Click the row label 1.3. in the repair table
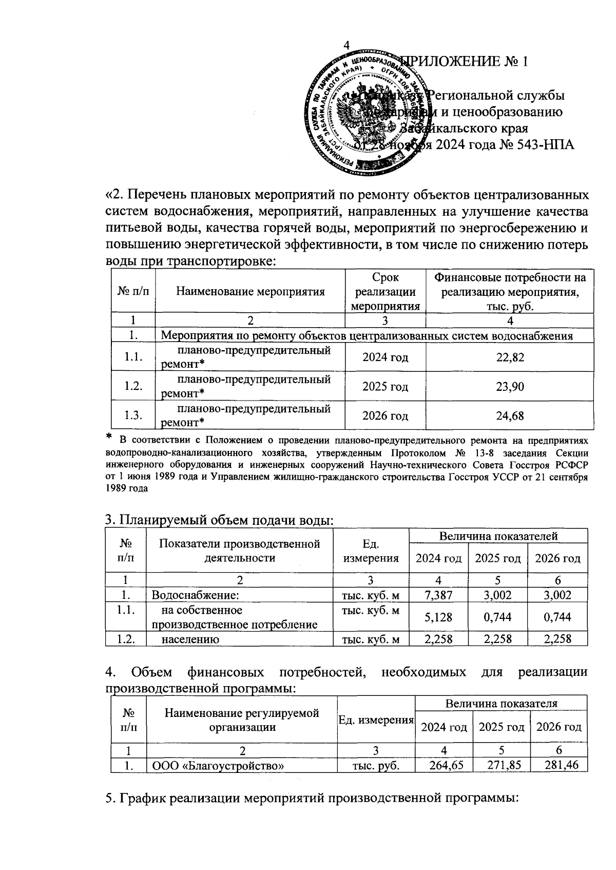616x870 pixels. (x=133, y=415)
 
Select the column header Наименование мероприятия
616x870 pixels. (x=251, y=292)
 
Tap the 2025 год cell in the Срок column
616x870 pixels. (x=385, y=386)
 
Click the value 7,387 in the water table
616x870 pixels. (x=438, y=595)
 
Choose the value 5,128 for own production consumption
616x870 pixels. (x=438, y=617)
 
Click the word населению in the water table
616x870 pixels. (x=190, y=639)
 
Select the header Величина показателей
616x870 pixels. (x=498, y=536)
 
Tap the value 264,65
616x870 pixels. (x=444, y=765)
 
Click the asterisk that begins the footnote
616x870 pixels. (x=109, y=437)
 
